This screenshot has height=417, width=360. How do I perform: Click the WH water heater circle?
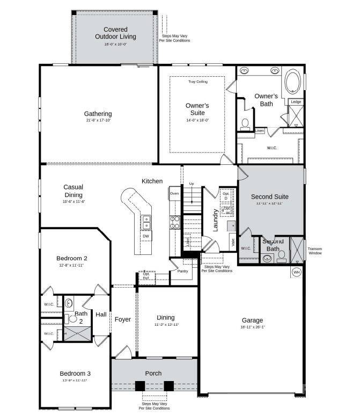[296, 272]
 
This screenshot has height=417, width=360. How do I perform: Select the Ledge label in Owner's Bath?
[296, 101]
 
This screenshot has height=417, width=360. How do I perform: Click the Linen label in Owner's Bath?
[260, 130]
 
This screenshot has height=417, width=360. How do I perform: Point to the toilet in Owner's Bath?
[245, 123]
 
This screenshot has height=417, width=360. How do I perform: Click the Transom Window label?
[315, 250]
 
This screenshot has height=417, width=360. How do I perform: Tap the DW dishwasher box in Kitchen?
[145, 236]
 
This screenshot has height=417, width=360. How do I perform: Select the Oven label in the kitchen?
[174, 193]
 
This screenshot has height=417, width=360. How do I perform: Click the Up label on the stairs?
[191, 184]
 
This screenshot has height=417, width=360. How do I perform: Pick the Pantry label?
[182, 271]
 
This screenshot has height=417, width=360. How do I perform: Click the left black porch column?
[140, 385]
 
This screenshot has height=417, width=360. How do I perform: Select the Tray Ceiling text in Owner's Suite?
[197, 82]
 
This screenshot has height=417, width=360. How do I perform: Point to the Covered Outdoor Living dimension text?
[115, 45]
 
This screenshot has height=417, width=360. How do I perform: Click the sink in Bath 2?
[69, 303]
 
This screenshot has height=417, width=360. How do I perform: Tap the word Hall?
[101, 314]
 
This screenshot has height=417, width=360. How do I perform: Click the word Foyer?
[123, 319]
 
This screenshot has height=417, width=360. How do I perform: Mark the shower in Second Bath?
[297, 250]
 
